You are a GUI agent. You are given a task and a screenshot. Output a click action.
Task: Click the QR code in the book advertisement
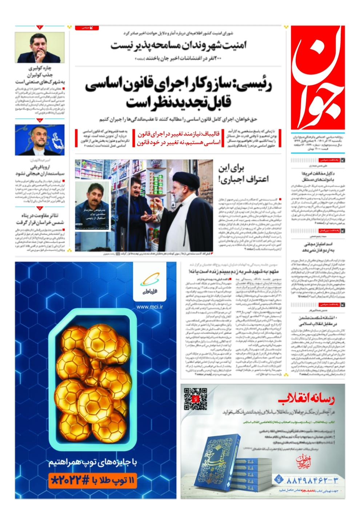(195, 399)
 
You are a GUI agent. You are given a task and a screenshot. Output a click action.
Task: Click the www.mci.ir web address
(149, 307)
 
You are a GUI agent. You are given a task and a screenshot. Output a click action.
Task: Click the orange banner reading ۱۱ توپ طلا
(93, 481)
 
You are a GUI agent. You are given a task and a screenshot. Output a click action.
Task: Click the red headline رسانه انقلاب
(306, 399)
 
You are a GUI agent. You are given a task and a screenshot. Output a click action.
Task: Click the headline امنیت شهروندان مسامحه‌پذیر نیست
(178, 45)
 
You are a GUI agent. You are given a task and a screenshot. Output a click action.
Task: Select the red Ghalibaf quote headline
(179, 138)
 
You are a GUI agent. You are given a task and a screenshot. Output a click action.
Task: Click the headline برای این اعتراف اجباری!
(243, 174)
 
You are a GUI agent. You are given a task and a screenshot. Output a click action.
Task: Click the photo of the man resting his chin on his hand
(40, 48)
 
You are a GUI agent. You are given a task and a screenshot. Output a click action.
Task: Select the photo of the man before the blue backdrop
(40, 140)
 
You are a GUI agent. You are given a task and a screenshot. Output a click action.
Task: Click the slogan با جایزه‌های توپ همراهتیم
(93, 462)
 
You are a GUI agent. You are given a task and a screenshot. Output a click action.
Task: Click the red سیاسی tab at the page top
(87, 28)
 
